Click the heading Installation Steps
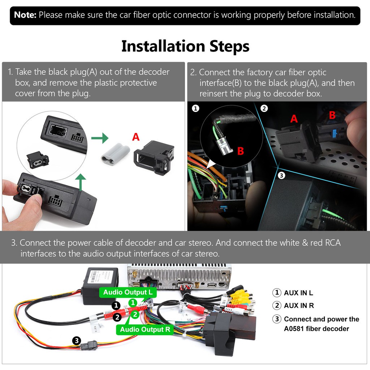point(185,46)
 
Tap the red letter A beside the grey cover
point(136,137)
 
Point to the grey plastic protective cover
point(115,153)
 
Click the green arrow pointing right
point(100,138)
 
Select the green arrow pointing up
point(81,182)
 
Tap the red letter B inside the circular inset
point(240,151)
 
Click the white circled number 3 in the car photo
point(281,176)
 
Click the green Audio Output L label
point(128,292)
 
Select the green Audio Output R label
point(145,330)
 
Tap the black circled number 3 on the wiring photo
point(77,340)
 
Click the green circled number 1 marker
point(133,302)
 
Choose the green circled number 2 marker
point(135,314)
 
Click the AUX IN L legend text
point(298,293)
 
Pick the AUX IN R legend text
point(299,306)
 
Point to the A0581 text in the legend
point(293,329)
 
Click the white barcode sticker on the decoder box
point(95,277)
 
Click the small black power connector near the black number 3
point(88,345)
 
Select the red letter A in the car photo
point(294,119)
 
